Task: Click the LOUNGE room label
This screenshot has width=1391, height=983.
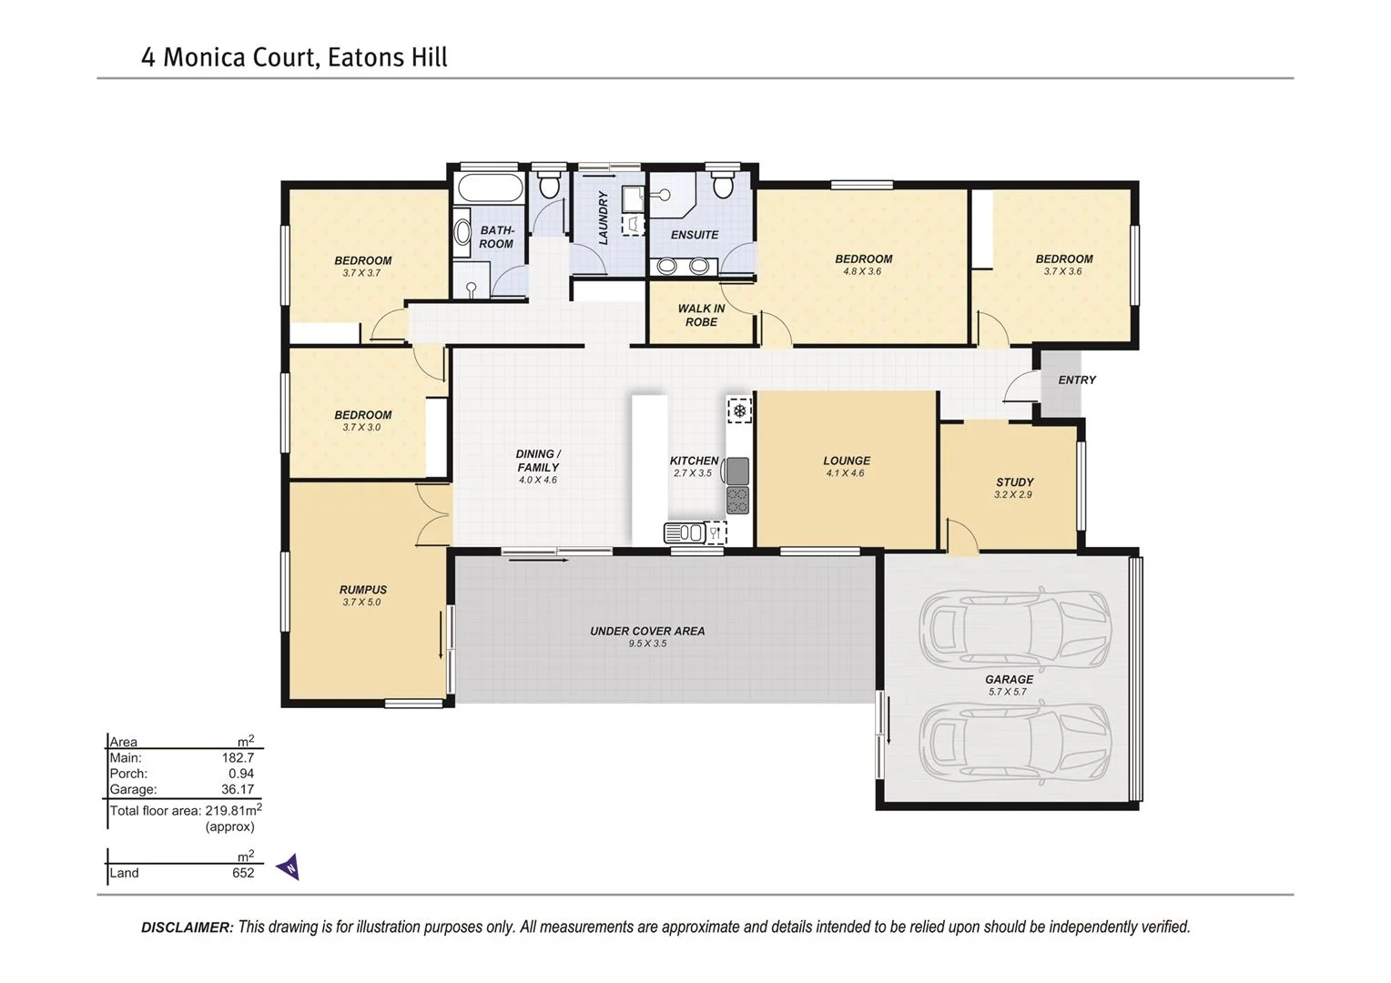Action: (x=847, y=461)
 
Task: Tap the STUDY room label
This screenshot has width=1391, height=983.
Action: (x=1014, y=482)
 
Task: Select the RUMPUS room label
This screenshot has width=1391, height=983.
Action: (x=362, y=590)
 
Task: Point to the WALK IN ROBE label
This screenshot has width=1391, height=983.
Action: (x=701, y=315)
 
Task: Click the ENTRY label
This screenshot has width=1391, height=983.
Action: (x=1077, y=380)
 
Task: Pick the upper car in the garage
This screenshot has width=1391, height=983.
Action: (x=1014, y=628)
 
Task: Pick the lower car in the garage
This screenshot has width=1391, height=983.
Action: (x=1014, y=742)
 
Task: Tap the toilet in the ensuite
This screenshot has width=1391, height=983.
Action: (x=723, y=187)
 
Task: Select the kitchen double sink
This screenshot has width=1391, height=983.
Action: (x=685, y=532)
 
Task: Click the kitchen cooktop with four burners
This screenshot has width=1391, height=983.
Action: (x=737, y=501)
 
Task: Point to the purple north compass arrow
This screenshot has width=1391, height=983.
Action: (x=289, y=867)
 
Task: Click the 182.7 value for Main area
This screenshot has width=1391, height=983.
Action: (x=238, y=757)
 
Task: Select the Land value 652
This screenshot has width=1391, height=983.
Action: (x=243, y=873)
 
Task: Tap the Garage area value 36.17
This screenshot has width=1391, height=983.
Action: (x=238, y=789)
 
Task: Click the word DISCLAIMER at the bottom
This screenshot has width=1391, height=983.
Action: (x=187, y=927)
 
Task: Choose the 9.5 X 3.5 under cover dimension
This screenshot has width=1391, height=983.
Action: (x=647, y=644)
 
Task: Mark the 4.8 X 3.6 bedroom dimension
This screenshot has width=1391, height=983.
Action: (x=862, y=271)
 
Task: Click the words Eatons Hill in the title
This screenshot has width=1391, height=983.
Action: (x=387, y=57)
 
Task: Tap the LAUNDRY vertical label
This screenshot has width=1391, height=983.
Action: (x=603, y=218)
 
